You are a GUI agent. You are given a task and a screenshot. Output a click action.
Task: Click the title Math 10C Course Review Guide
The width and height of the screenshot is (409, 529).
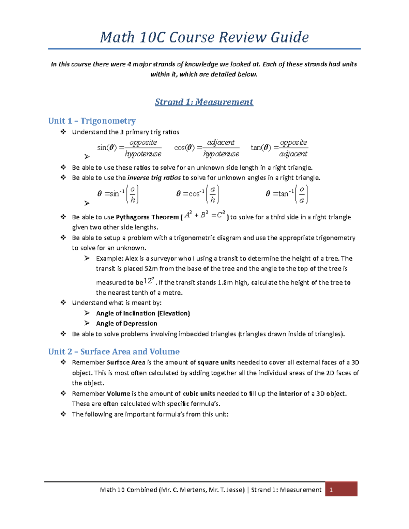[204, 37]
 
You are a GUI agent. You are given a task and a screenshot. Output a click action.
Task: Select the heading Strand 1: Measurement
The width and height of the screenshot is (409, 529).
[204, 102]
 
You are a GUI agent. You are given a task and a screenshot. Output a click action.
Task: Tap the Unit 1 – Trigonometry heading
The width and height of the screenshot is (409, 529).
[92, 121]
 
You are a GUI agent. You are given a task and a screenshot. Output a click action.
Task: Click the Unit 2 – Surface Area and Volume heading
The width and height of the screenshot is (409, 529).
[114, 352]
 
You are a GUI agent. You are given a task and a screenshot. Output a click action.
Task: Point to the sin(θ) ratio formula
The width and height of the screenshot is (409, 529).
[129, 148]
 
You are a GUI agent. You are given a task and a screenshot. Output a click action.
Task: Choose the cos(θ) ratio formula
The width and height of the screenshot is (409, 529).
[207, 148]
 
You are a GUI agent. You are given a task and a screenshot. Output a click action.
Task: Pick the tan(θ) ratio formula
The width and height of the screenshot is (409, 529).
[279, 148]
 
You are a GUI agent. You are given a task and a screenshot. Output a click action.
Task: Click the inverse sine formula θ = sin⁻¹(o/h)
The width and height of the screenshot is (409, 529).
[118, 194]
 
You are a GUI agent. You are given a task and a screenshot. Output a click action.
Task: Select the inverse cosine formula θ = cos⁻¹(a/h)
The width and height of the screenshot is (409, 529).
[197, 194]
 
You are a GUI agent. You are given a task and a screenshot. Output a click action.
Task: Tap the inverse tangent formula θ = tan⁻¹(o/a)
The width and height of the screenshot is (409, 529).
[287, 194]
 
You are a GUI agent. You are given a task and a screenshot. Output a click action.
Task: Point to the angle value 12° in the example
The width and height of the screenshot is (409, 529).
[149, 281]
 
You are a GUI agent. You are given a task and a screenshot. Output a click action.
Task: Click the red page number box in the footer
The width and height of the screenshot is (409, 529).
[341, 489]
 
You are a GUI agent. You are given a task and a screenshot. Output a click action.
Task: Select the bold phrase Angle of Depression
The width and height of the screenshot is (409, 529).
[126, 323]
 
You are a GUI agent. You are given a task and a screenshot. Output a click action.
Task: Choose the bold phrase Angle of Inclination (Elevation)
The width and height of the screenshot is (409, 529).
[143, 313]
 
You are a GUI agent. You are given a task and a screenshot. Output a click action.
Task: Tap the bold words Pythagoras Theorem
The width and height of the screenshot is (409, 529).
[147, 217]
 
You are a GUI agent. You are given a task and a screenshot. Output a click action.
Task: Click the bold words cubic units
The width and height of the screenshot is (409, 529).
[199, 393]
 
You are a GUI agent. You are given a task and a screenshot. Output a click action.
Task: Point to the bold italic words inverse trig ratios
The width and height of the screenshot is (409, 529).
[154, 178]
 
